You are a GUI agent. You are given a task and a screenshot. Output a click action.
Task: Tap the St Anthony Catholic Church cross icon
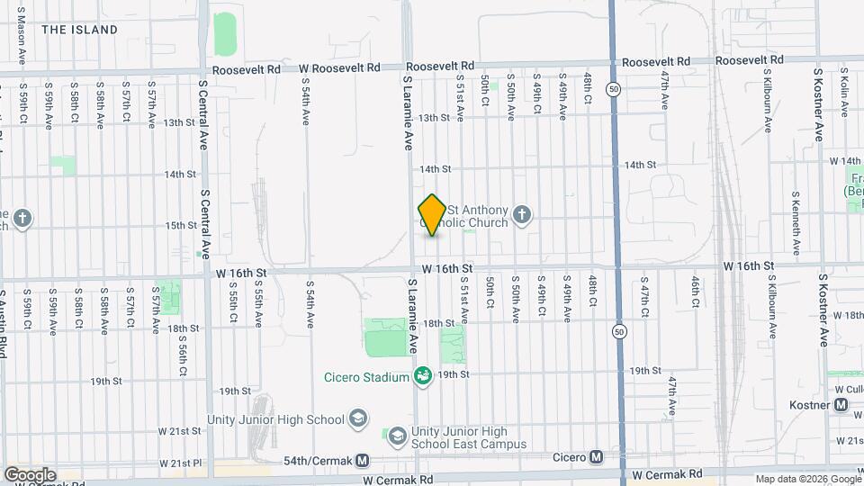pos(521,215)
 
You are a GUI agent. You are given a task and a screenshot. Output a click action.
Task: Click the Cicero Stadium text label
pos(367,377)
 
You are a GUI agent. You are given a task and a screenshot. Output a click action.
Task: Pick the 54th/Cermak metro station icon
pos(362,460)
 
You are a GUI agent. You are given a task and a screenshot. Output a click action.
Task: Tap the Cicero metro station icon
pos(596,457)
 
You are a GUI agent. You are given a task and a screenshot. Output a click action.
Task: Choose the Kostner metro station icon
pos(841,405)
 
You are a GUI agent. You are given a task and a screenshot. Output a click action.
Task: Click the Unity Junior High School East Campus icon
pos(397,436)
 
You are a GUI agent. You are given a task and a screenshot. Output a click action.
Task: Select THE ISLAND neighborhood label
pos(79,30)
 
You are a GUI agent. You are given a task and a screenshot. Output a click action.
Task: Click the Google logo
pos(30,474)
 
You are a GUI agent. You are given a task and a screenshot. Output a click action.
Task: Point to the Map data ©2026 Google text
pos(807,479)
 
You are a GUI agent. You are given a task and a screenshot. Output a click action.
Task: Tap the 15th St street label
pos(181,225)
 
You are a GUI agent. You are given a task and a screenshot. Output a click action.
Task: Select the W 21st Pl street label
pos(181,463)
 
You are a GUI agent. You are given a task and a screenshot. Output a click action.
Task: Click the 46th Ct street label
pos(696,292)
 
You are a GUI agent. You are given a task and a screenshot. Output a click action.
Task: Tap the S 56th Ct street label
pos(182,354)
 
